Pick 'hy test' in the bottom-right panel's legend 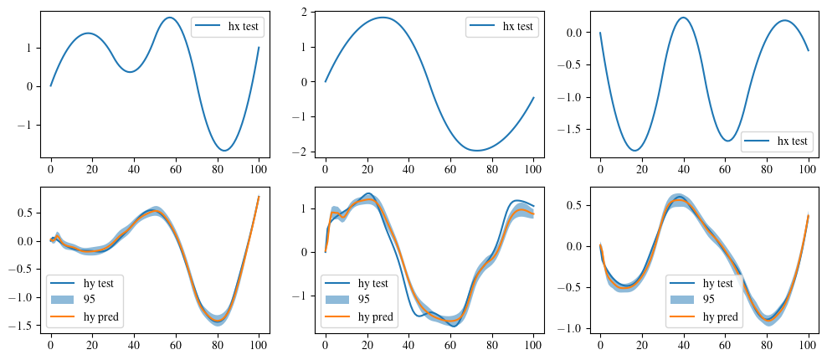coord(722,283)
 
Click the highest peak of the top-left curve coord(170,18)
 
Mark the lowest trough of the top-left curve coord(225,151)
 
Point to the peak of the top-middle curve coord(383,18)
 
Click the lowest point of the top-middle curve coord(478,151)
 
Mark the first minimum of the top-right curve coord(634,151)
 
